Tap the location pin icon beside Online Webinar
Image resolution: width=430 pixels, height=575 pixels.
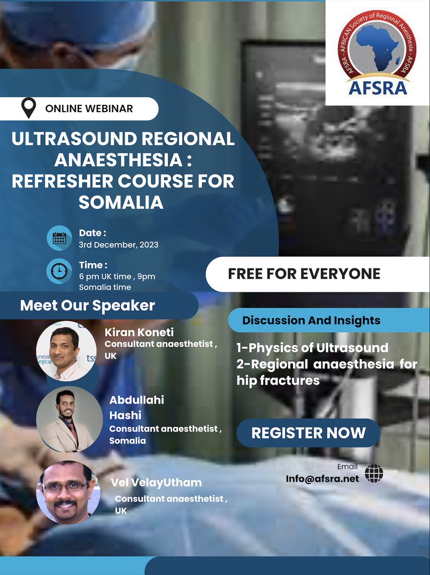tap(29, 108)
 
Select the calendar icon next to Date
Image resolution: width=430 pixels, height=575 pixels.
tap(59, 238)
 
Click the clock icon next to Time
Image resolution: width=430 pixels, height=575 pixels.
tap(59, 271)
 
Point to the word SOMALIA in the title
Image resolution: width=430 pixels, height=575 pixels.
tap(121, 202)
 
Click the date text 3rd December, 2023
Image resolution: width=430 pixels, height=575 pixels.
tap(118, 244)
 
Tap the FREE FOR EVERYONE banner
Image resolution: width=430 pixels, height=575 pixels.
tap(304, 274)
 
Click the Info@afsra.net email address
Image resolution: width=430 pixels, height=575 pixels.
tap(322, 479)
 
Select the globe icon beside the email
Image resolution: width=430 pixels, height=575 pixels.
tap(374, 473)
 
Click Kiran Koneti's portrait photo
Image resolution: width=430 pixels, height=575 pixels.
tap(66, 351)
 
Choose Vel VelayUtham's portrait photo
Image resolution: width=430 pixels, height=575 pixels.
tap(68, 492)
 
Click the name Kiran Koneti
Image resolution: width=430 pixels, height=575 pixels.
tap(139, 333)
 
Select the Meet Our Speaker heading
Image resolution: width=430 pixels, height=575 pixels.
tap(87, 305)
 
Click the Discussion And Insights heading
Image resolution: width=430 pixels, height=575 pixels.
tap(311, 321)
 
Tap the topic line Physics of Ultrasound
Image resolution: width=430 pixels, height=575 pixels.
tap(312, 347)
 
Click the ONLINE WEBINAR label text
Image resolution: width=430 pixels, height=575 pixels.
tap(89, 109)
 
